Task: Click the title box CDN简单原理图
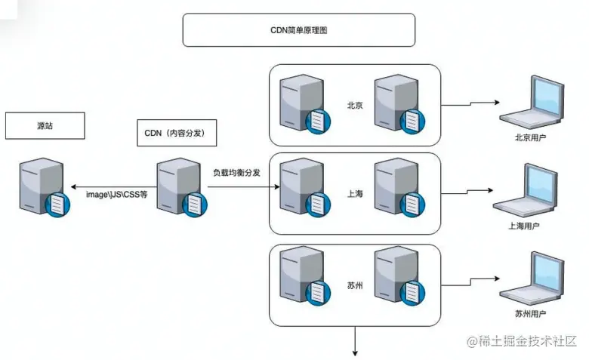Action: coord(298,30)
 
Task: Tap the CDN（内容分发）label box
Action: coord(175,133)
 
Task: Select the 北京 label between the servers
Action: coord(355,105)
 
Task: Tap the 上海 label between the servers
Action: coord(355,194)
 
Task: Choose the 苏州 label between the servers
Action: coord(355,285)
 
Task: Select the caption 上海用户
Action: coord(524,226)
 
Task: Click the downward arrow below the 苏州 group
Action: coord(354,341)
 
